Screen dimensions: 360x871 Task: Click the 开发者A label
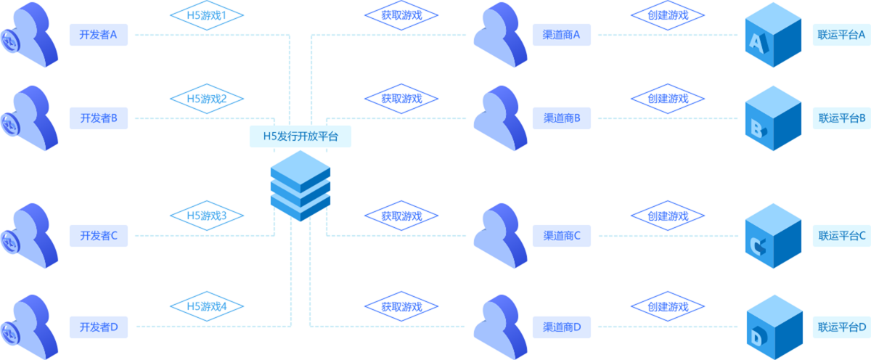point(99,35)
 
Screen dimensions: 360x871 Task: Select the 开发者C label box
point(99,235)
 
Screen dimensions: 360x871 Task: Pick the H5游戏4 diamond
point(207,306)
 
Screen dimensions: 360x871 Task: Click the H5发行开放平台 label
point(300,136)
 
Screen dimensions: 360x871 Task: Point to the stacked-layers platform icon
point(300,186)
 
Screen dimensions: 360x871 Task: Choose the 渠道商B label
point(562,118)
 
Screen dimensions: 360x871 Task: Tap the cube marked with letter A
point(772,37)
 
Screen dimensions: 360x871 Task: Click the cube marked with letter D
point(772,328)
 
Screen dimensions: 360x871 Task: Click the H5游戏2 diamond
point(207,99)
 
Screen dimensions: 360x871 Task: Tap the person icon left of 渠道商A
point(500,35)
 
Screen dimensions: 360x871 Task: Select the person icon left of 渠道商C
point(500,235)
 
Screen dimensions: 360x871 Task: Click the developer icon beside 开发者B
point(30,118)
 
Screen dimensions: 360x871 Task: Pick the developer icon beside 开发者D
point(30,327)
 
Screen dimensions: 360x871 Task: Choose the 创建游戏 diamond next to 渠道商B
point(658,99)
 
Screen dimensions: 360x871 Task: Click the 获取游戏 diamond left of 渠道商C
point(401,216)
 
